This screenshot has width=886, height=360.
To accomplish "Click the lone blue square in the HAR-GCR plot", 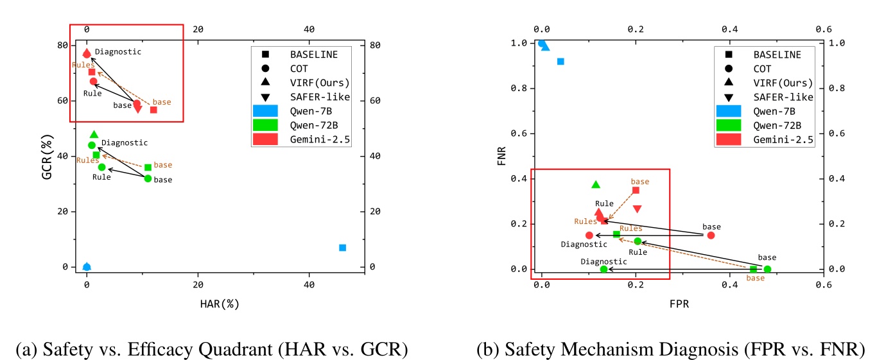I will point(342,248).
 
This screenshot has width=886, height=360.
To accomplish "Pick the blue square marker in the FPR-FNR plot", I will point(560,62).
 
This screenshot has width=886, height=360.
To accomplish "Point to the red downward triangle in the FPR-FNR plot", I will point(637,209).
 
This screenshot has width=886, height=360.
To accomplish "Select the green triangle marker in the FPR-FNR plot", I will point(595,184).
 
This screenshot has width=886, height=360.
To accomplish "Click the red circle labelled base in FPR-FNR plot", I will point(711,236).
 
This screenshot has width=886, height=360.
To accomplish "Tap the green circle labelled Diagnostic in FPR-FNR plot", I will point(604,269).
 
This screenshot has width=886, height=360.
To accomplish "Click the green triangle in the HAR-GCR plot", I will point(94,134).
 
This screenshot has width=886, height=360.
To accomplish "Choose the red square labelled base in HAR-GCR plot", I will point(153,110).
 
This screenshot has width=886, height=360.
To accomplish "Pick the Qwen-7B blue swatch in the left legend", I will point(265,111).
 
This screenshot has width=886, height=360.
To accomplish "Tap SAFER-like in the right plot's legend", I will point(784,97).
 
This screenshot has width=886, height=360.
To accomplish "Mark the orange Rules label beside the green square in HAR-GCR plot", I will point(87,160).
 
